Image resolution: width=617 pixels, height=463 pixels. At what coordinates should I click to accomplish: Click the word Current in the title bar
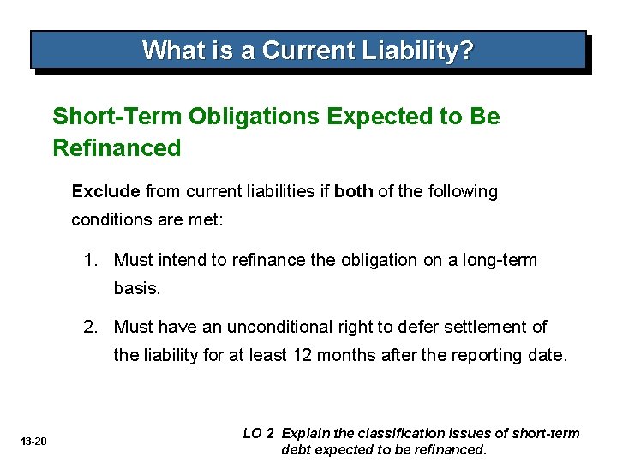pos(297,51)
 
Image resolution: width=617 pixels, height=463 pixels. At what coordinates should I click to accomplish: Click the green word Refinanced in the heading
pos(117,148)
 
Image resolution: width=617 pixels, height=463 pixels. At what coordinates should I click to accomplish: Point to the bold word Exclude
pos(105,191)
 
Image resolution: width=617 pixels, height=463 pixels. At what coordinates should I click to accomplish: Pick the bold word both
pos(353,191)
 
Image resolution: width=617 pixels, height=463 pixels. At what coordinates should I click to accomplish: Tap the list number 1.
pos(89,260)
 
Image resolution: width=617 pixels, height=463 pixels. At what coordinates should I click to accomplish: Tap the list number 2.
pos(89,327)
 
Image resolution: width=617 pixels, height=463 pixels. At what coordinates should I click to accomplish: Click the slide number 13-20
pos(34,442)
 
